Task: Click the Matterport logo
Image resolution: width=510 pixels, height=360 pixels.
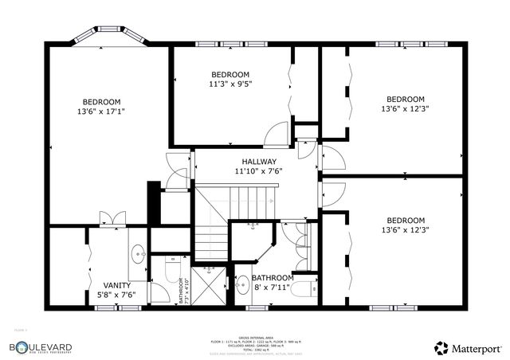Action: coord(468,348)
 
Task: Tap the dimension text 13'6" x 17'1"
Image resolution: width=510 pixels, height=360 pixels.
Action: coord(101,112)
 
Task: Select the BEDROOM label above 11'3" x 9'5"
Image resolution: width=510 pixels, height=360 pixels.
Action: coord(230,74)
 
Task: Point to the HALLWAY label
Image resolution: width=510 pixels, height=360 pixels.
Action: coord(259,161)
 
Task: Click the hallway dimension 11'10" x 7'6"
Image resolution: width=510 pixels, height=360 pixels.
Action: coord(259,170)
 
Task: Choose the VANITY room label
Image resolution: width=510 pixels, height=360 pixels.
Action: coord(117,284)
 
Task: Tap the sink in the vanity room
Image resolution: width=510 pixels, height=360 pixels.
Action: coord(138,254)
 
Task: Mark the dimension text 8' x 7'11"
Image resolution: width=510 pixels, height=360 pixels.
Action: coord(278,288)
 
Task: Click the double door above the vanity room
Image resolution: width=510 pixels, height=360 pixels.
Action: coord(112,217)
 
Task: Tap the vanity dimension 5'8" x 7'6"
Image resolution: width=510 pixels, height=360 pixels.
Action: coord(117,295)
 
